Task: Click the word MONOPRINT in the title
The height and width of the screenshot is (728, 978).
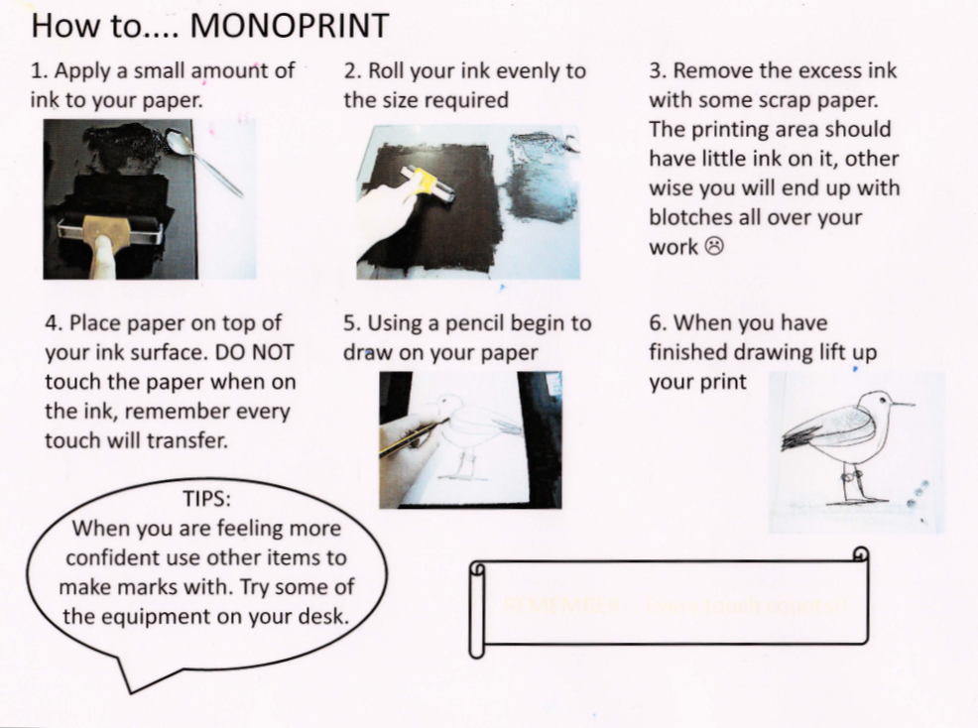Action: point(289,25)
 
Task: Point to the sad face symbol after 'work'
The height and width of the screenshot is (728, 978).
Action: point(714,247)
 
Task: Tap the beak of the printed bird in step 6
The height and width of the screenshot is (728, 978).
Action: point(902,404)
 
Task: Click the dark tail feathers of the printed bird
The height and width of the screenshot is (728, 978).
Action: point(803,436)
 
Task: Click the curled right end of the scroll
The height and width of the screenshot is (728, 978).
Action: point(860,557)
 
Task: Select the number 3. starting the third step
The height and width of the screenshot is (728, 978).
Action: point(658,71)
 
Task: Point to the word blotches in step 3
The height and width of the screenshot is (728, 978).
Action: point(694,217)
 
